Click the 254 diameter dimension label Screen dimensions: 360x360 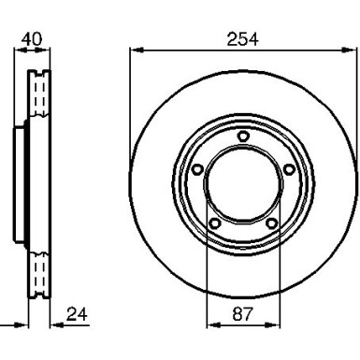coord(242,38)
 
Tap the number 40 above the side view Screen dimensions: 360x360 coord(32,38)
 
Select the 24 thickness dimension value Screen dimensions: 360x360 coord(79,314)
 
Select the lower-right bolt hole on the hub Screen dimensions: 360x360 coord(271,223)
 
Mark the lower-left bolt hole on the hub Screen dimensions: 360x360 coord(214,223)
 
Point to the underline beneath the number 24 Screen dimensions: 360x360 coord(79,326)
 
